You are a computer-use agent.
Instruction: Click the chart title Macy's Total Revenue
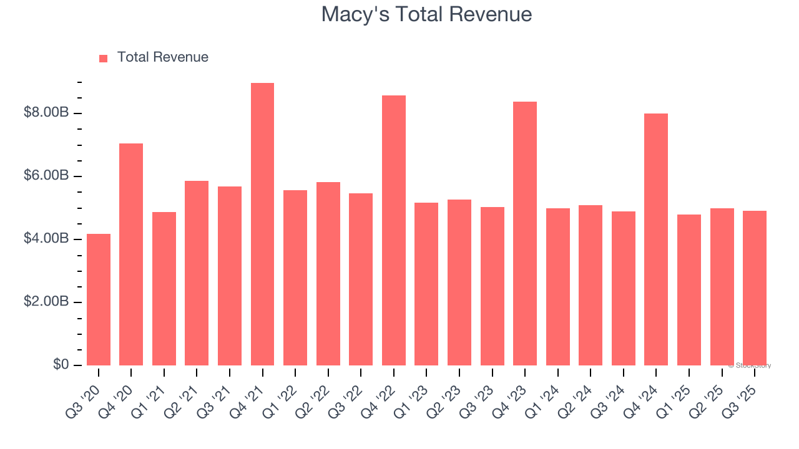(x=426, y=14)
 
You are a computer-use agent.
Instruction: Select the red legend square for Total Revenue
(x=104, y=58)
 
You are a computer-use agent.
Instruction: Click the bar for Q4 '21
(x=262, y=224)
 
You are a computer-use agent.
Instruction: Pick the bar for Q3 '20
(x=99, y=299)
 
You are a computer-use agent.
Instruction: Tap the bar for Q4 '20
(x=131, y=254)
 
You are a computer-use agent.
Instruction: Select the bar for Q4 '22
(x=394, y=231)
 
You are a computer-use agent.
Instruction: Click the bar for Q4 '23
(x=525, y=234)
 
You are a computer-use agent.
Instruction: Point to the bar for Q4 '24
(x=656, y=239)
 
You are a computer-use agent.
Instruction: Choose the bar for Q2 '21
(x=197, y=273)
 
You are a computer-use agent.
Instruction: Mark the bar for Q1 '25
(x=689, y=290)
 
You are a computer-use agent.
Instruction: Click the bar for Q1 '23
(x=426, y=284)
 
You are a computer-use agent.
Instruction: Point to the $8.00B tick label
(x=46, y=113)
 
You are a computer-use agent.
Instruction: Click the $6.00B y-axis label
(x=46, y=176)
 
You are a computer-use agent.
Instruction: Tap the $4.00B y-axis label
(x=46, y=239)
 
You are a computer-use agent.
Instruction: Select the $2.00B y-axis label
(x=46, y=302)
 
